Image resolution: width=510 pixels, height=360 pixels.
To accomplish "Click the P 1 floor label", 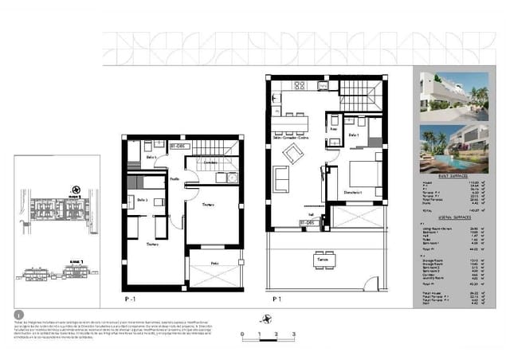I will tap(277, 299).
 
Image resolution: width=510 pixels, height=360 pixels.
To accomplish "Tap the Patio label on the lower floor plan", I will tap(214, 263).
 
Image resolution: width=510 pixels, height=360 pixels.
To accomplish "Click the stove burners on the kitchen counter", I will tap(300, 84).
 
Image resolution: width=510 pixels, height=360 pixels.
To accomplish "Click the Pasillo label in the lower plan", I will tap(173, 180).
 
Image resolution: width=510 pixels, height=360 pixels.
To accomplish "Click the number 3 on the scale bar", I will tap(294, 334).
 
